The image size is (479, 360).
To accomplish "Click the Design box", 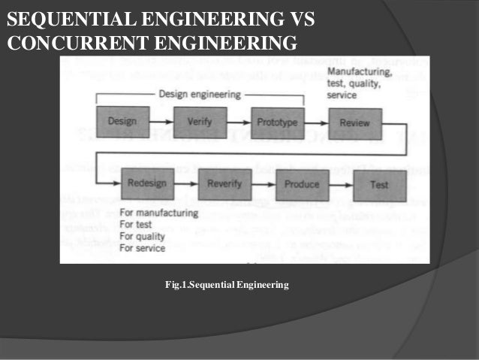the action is (122, 121).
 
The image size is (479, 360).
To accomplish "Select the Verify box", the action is (199, 121).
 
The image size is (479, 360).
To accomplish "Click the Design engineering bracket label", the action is (200, 94).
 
